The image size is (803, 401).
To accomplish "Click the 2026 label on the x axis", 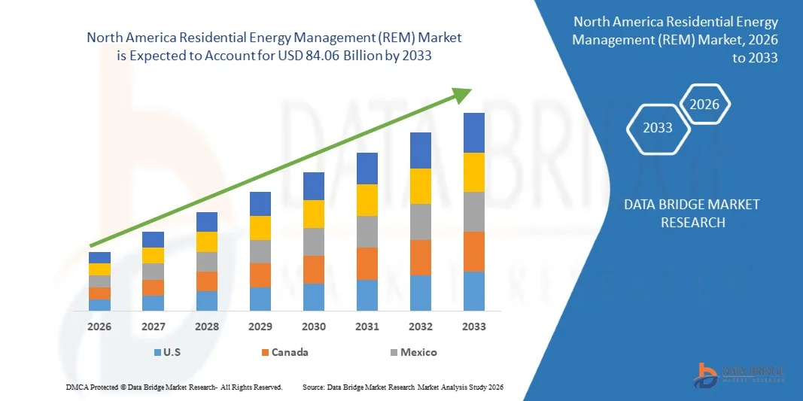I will pos(99,327).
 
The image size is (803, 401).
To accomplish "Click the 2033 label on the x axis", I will pos(474,327).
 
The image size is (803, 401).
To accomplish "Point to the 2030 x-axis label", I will pos(314,327).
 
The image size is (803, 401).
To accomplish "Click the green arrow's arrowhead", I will pos(461,93).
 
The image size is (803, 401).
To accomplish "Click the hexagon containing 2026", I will pos(704,105).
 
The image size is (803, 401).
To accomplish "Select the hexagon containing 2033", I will pos(658,128).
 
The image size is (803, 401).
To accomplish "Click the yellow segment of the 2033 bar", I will pos(474,172).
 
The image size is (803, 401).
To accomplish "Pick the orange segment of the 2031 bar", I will pos(367,263).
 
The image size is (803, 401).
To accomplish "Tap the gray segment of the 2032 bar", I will pos(421,222).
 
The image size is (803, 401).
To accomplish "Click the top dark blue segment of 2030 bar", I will pos(314,186).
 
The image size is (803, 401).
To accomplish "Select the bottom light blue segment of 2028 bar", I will pos(207,301).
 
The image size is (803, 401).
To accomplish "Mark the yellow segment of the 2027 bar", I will pos(153,255).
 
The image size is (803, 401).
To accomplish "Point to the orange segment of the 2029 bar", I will pos(260,275).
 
